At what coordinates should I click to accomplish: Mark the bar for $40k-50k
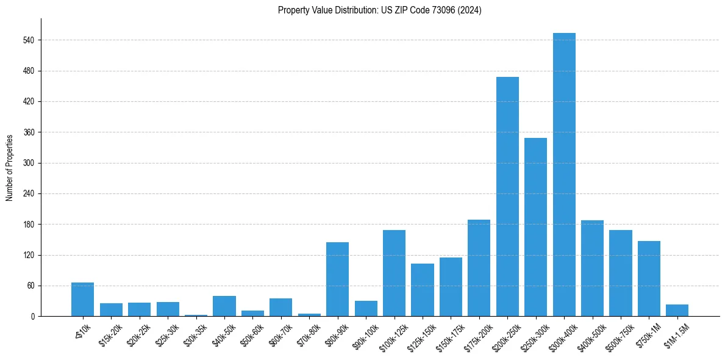[x=224, y=306]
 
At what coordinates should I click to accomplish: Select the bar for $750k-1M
[x=649, y=279]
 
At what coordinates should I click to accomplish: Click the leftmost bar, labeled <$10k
[x=82, y=300]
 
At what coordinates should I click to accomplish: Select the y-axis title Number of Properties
[x=9, y=168]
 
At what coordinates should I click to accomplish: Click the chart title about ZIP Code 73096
[x=379, y=10]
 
